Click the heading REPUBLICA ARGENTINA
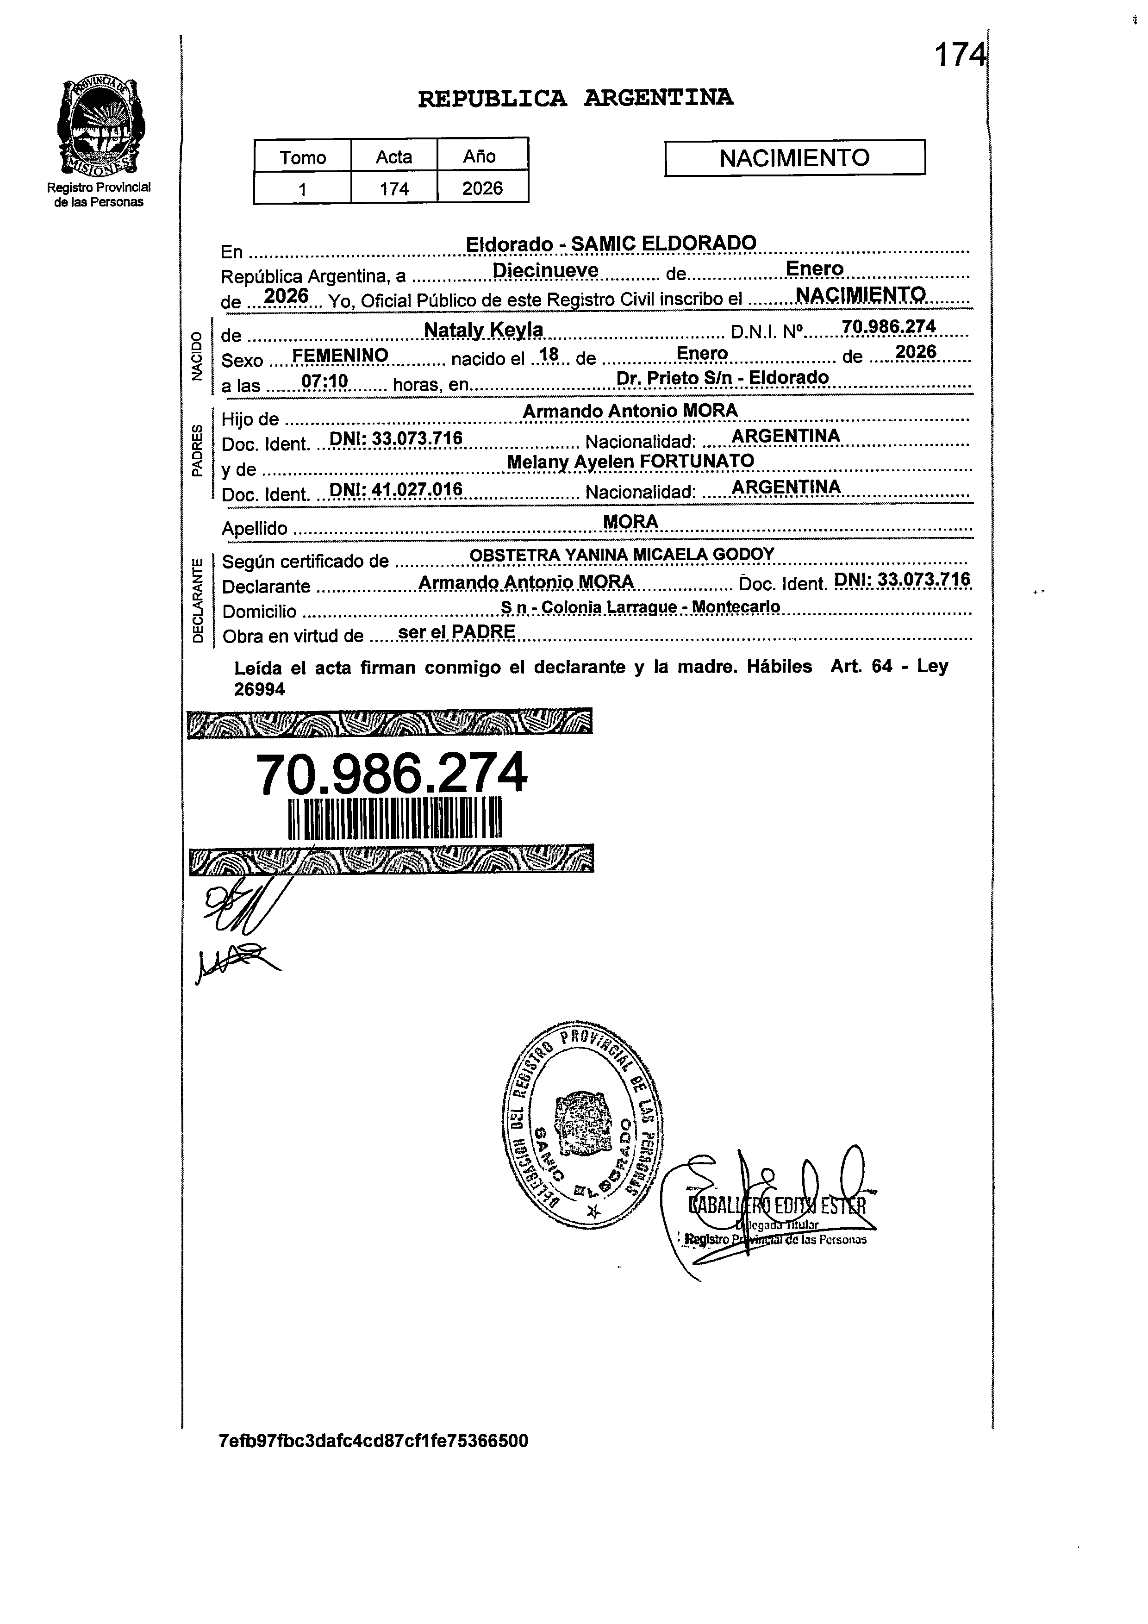click(x=575, y=98)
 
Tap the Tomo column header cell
click(x=303, y=157)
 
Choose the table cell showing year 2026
click(x=482, y=188)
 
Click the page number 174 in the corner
click(x=959, y=55)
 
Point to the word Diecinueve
click(x=545, y=270)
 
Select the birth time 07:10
click(x=324, y=381)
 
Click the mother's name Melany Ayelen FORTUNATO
click(x=630, y=461)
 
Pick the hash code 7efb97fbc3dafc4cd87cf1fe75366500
click(x=374, y=1441)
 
